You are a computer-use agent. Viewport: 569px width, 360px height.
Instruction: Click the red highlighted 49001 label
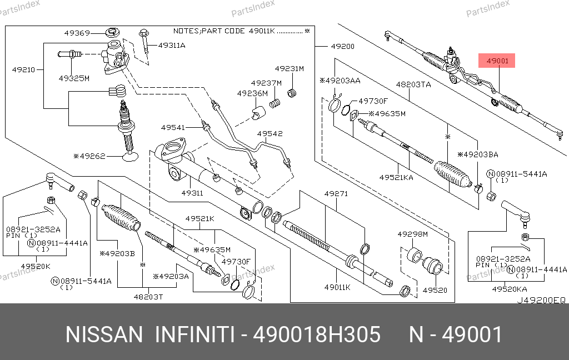(x=499, y=61)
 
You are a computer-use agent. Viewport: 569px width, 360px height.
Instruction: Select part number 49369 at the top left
(x=77, y=33)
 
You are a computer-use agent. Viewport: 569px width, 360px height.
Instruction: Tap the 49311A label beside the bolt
(x=172, y=45)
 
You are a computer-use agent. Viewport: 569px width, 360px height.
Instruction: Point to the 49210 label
(x=24, y=70)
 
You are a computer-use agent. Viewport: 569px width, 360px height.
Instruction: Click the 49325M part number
(x=74, y=78)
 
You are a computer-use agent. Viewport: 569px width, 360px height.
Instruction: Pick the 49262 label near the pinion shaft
(x=91, y=157)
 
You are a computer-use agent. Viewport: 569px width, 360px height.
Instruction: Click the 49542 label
(x=269, y=133)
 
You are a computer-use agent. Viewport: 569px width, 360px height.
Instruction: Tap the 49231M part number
(x=292, y=68)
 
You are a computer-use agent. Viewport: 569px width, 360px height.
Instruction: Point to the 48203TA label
(x=413, y=85)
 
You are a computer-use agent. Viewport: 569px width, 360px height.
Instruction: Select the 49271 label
(x=336, y=194)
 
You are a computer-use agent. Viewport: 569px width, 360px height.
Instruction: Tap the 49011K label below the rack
(x=338, y=287)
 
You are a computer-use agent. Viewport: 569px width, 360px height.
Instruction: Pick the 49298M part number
(x=412, y=234)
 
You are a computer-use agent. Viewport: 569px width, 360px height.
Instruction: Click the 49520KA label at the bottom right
(x=511, y=289)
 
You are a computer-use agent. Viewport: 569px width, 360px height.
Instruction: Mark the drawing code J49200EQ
(x=542, y=300)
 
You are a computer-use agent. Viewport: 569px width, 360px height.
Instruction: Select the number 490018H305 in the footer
(x=317, y=335)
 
